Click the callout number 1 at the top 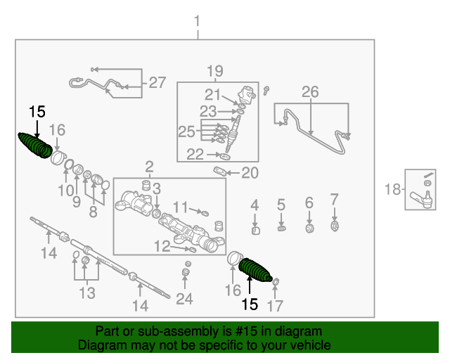coord(198,21)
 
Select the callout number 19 coord(214,70)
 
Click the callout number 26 coord(310,91)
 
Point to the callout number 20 coord(250,173)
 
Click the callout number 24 coord(184,299)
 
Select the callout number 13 coord(86,292)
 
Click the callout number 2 coord(149,167)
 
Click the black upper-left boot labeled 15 coord(34,146)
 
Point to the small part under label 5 coord(281,228)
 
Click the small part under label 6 coord(309,228)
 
